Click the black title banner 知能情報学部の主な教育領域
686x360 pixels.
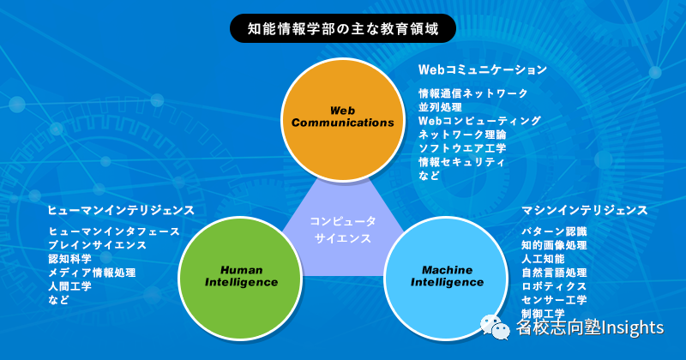pyautogui.click(x=342, y=28)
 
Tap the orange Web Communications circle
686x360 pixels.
pyautogui.click(x=342, y=116)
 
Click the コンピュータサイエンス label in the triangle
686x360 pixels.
pyautogui.click(x=342, y=230)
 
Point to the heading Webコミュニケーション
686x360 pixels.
pyautogui.click(x=482, y=69)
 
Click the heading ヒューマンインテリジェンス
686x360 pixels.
pyautogui.click(x=121, y=210)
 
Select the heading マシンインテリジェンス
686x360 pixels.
pyautogui.click(x=585, y=210)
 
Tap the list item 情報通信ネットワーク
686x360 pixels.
pyautogui.click(x=472, y=93)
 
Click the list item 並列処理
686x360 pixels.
pyautogui.click(x=441, y=107)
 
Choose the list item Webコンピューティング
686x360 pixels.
pyautogui.click(x=479, y=121)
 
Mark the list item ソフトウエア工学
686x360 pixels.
pyautogui.click(x=462, y=148)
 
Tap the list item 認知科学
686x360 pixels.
pyautogui.click(x=70, y=259)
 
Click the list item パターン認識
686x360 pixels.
pyautogui.click(x=554, y=231)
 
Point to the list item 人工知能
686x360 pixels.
pyautogui.click(x=543, y=259)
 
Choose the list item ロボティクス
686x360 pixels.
pyautogui.click(x=554, y=286)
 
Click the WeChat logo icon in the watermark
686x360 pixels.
pyautogui.click(x=496, y=326)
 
